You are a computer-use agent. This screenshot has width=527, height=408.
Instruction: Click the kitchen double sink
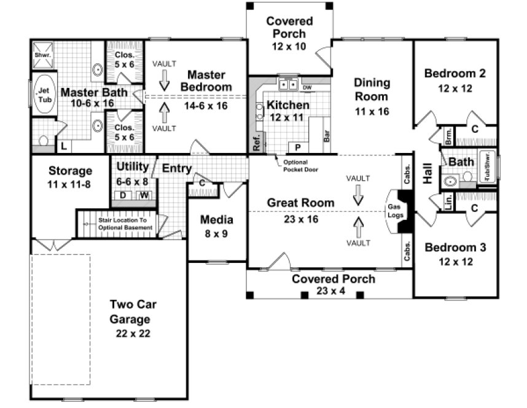pos(287,84)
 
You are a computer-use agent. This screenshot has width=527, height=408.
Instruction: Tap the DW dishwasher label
pos(306,88)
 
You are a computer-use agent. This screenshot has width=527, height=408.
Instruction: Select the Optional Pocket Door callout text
pos(300,166)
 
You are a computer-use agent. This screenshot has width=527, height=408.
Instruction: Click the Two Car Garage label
pos(130,312)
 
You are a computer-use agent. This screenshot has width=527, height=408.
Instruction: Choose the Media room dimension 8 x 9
pos(217,233)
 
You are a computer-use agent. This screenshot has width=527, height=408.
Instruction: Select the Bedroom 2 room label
pos(455,74)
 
